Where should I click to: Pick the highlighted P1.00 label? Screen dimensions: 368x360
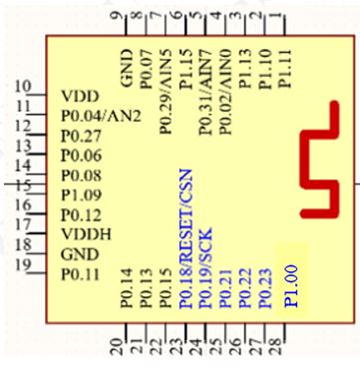tap(290, 283)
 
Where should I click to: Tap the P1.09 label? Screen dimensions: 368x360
tap(81, 194)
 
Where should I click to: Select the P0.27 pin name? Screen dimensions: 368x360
tap(81, 136)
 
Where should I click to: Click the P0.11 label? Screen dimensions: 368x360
tap(81, 273)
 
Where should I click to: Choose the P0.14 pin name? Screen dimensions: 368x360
tap(126, 289)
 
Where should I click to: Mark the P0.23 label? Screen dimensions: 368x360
tap(263, 289)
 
